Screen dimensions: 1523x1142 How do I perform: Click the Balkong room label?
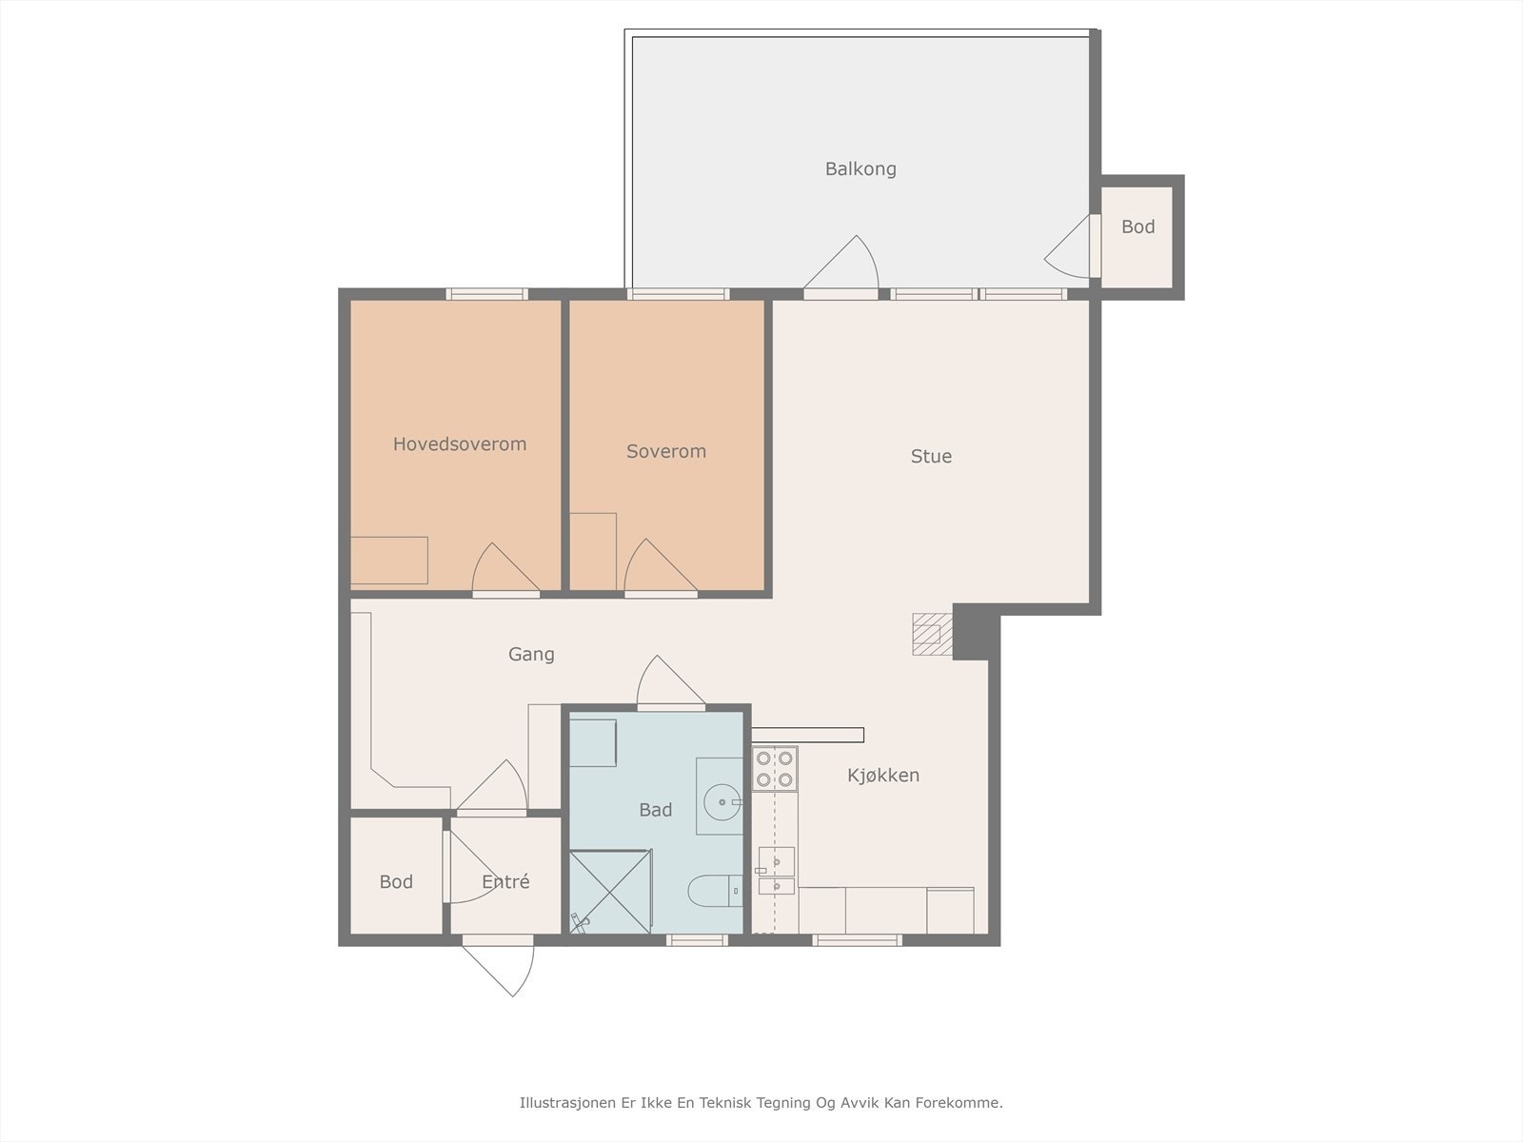point(860,169)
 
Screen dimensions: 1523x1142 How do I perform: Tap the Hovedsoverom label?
point(460,444)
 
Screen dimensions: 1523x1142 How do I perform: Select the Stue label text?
point(931,456)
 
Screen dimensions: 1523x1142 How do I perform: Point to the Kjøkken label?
point(883,776)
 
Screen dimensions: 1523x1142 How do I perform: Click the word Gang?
point(531,655)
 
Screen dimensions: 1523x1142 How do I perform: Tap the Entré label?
point(505,881)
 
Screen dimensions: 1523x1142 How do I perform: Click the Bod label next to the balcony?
point(1137,226)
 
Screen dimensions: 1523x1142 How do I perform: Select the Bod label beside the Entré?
point(396,882)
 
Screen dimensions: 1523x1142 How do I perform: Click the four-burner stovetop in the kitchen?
point(775,769)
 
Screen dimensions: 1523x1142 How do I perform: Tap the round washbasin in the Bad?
point(722,802)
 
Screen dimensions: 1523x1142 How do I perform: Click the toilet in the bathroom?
point(715,891)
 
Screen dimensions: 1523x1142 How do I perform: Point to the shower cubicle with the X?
point(610,892)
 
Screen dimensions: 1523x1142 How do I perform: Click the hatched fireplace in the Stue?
point(933,634)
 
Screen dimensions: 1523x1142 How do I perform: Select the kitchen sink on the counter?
point(777,871)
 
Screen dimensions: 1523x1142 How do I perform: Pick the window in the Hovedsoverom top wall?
point(486,294)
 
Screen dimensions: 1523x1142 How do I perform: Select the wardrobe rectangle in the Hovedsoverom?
point(388,561)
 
